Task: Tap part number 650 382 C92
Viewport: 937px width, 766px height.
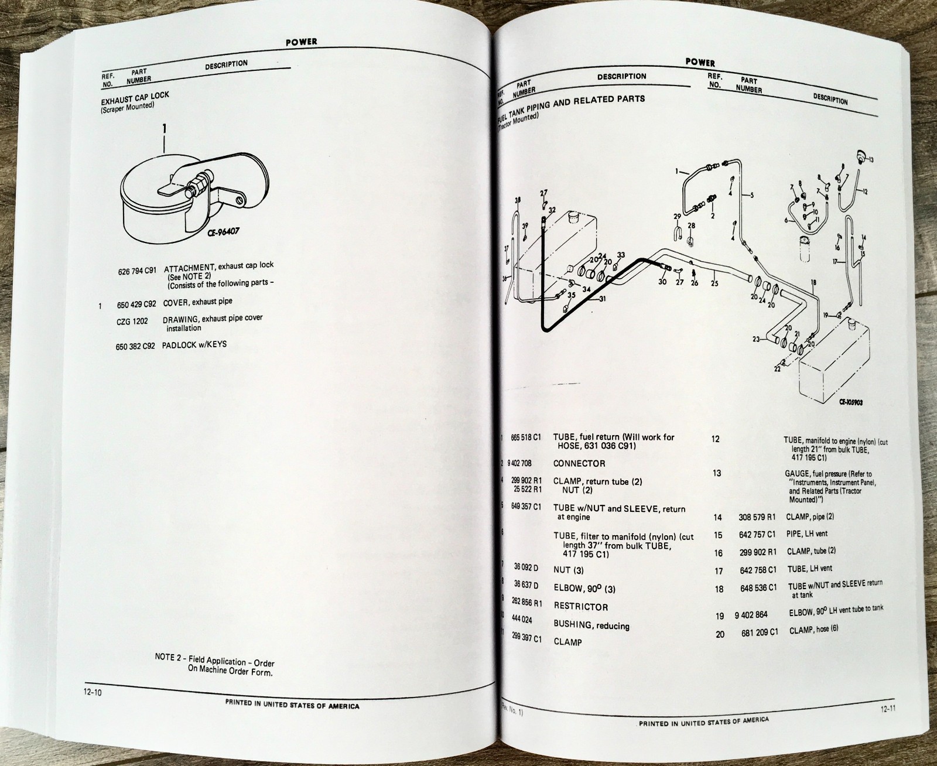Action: coord(135,347)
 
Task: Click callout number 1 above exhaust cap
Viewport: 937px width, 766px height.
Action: coord(165,128)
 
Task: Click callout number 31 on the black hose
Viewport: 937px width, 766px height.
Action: coord(604,299)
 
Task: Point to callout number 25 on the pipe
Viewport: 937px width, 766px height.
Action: coord(714,284)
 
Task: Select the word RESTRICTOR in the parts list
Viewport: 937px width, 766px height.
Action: coord(580,607)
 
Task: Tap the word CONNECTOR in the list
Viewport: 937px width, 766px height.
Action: coord(579,463)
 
